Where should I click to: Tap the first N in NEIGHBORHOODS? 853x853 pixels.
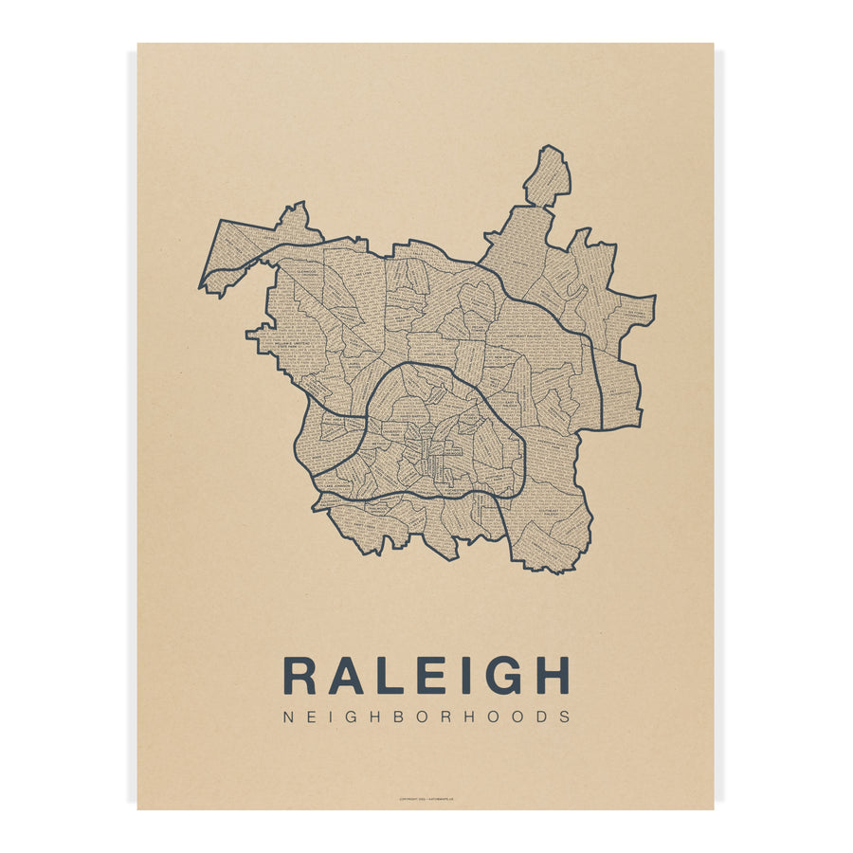(x=288, y=717)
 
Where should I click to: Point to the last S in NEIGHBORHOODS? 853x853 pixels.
(x=565, y=717)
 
